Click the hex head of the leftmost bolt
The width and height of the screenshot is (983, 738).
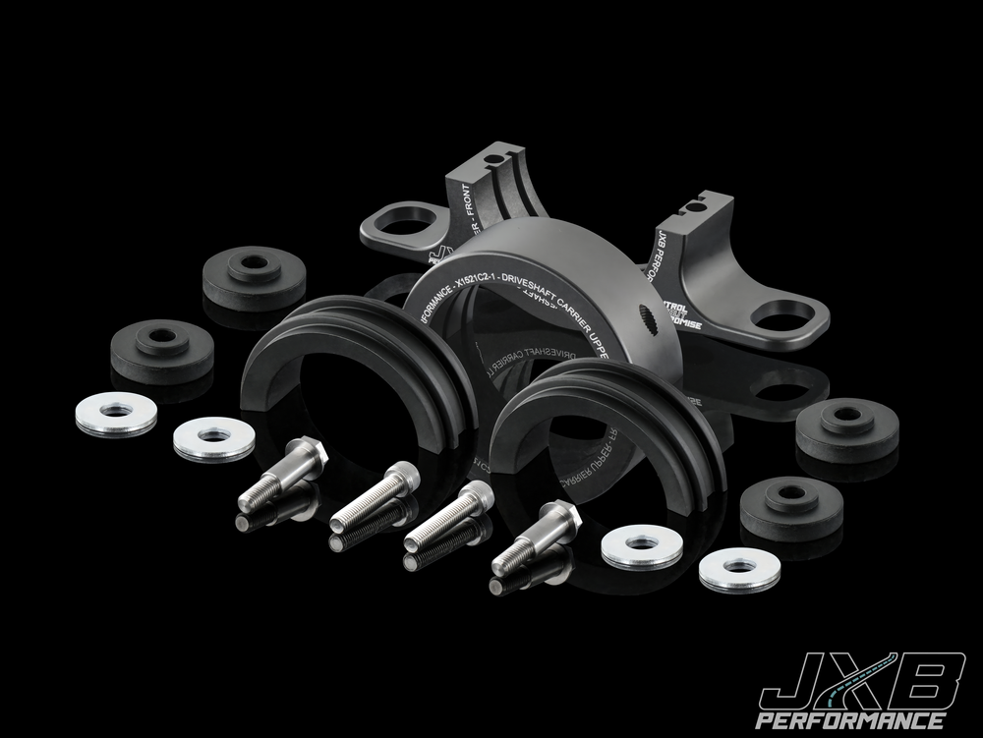pyautogui.click(x=307, y=455)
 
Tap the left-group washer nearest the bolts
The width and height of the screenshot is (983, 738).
pyautogui.click(x=213, y=438)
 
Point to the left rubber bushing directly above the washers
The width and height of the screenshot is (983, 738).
pyautogui.click(x=161, y=351)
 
